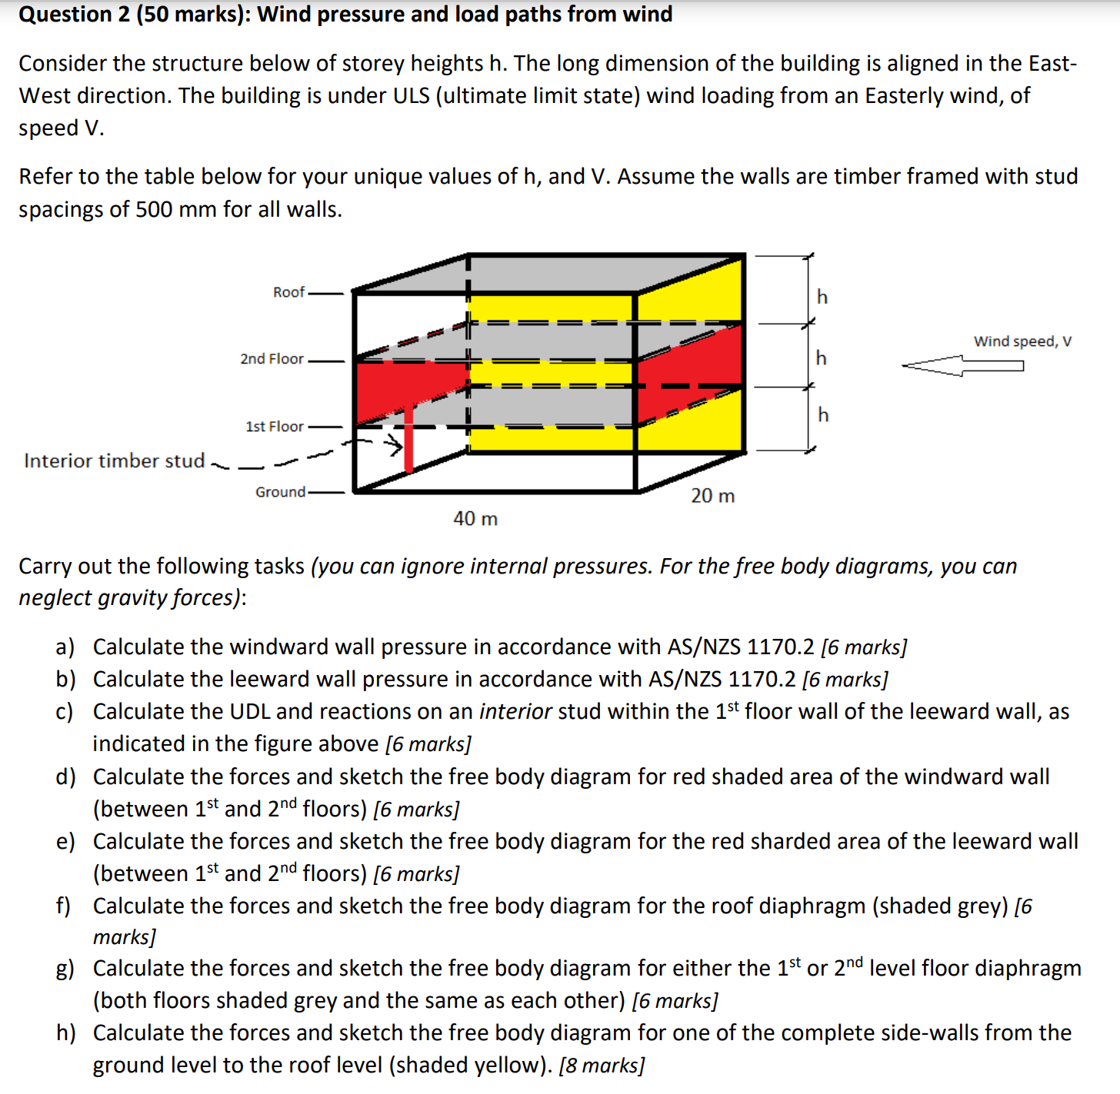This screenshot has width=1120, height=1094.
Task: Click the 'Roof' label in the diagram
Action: click(x=288, y=292)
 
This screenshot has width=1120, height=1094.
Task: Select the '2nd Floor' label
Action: click(x=272, y=359)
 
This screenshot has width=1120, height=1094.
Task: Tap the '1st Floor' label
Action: click(x=275, y=427)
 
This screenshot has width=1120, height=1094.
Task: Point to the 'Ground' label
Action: click(x=280, y=492)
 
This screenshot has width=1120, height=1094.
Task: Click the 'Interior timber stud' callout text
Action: click(x=114, y=461)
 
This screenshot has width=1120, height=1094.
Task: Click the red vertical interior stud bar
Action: click(x=408, y=438)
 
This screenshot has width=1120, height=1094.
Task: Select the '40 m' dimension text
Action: click(x=475, y=519)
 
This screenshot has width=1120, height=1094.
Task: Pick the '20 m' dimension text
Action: click(x=712, y=496)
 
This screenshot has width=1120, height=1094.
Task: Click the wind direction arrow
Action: click(x=962, y=365)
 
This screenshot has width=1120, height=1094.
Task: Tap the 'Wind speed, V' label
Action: click(x=1022, y=341)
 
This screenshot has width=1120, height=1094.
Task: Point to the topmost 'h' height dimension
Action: click(x=822, y=297)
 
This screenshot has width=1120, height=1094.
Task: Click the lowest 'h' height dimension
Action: click(x=823, y=415)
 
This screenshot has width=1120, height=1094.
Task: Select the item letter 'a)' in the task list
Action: click(x=65, y=647)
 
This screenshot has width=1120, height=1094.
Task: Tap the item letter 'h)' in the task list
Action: click(x=65, y=1033)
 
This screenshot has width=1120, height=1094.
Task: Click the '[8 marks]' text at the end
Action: click(x=602, y=1066)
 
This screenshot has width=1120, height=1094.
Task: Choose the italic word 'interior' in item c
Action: click(x=515, y=712)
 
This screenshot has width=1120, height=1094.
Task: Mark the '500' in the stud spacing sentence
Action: click(x=154, y=209)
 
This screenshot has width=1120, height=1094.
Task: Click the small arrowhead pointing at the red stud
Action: click(x=395, y=445)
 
